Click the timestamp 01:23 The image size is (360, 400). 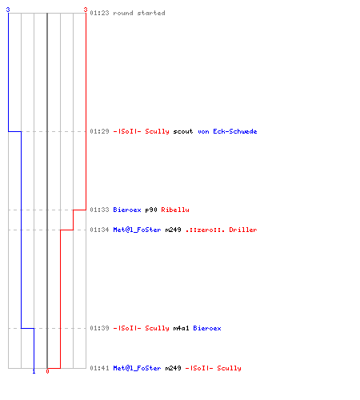coord(99,13)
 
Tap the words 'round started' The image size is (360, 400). coord(139,13)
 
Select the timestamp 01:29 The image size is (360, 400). coord(99,131)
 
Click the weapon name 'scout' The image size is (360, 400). coord(183,131)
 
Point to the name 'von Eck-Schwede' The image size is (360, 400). coord(227,131)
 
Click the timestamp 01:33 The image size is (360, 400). coord(99,210)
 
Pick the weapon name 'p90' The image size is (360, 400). coord(151,210)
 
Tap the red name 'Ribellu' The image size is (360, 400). coord(175,210)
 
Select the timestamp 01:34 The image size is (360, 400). coord(99,230)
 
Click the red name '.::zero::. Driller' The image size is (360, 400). coord(221,230)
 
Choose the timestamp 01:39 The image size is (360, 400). coord(99,328)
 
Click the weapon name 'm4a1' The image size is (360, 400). coord(181,328)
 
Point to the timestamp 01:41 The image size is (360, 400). coord(99,368)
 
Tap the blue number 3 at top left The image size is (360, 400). coord(8,10)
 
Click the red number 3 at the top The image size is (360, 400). coord(86,10)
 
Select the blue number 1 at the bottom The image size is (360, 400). coord(34,371)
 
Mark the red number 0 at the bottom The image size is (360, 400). coord(47,371)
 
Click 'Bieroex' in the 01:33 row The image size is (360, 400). coord(127,210)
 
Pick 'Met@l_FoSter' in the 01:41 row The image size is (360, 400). coord(137,368)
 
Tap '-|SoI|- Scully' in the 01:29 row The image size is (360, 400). coord(141,131)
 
